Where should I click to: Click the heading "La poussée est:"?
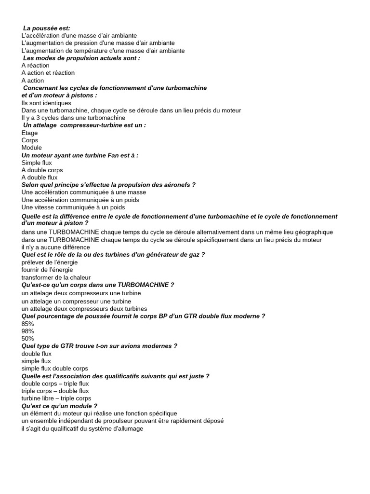tap(47, 28)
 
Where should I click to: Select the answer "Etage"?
tap(29, 133)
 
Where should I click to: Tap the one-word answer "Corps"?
tap(30, 140)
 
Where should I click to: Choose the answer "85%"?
tap(28, 324)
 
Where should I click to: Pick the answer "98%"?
tap(28, 331)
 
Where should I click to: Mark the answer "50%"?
tap(28, 339)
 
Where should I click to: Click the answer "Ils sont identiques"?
tap(46, 103)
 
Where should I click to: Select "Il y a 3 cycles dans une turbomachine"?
tap(73, 118)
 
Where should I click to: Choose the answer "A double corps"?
tap(42, 170)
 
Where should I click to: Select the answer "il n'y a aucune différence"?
tap(56, 247)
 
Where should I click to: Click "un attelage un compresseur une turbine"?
tap(76, 301)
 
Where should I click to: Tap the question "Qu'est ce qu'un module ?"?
tap(60, 406)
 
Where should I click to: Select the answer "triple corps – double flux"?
tap(55, 391)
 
